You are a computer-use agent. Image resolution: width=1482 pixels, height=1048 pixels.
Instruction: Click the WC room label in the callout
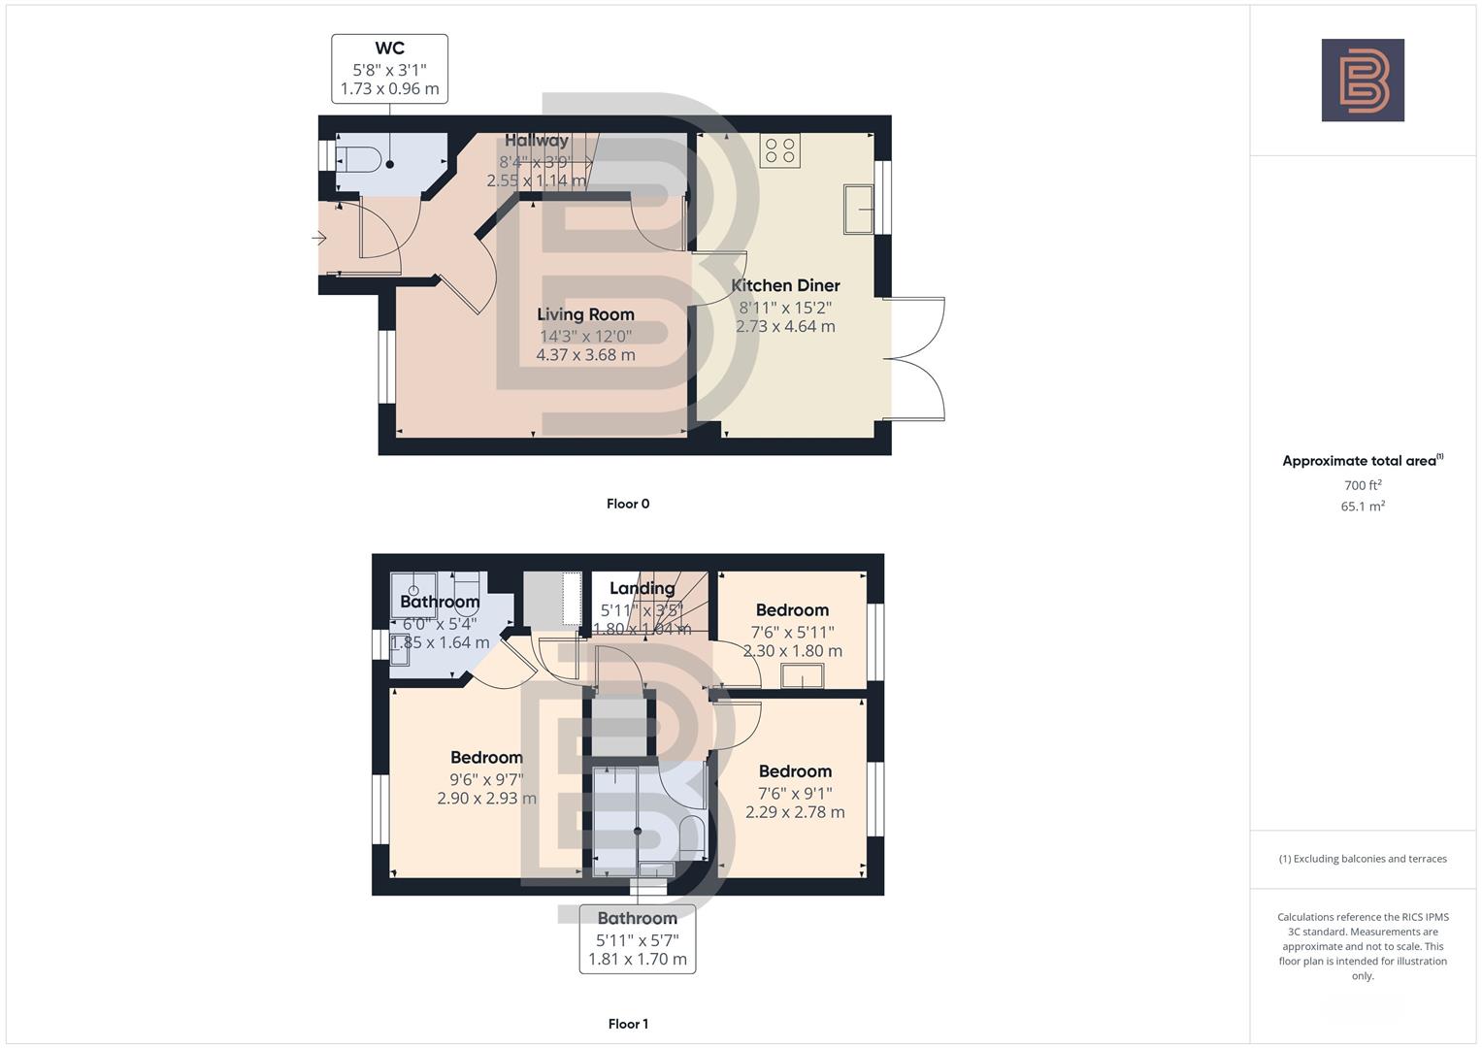[x=389, y=49]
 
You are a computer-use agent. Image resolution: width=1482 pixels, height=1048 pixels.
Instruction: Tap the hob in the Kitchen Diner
[x=780, y=150]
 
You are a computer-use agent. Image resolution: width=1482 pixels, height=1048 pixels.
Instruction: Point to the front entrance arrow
[x=318, y=238]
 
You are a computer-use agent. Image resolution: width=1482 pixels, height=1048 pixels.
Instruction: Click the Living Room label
[x=585, y=314]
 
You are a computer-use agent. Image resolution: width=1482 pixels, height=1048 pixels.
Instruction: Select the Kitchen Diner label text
[x=785, y=285]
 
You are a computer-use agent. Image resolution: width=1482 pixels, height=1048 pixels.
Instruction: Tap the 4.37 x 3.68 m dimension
[x=585, y=355]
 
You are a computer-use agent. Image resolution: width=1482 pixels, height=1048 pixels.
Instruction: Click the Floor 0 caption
[x=628, y=504]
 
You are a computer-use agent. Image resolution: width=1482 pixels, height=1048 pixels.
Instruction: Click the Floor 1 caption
[x=628, y=1024]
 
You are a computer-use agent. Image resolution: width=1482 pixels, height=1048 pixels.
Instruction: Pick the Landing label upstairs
[x=642, y=588]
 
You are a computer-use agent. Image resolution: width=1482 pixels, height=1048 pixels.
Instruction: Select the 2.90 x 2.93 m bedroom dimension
[x=486, y=799]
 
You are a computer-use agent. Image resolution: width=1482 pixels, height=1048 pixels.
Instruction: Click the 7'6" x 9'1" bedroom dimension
[x=795, y=793]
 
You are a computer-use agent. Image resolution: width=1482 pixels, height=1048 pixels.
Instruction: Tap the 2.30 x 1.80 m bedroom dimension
[x=793, y=651]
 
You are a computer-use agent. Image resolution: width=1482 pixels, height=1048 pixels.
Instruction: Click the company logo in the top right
[x=1362, y=81]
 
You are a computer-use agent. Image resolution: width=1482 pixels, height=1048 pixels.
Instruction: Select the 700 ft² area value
[x=1363, y=485]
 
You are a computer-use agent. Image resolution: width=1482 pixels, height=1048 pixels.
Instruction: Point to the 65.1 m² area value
[x=1363, y=507]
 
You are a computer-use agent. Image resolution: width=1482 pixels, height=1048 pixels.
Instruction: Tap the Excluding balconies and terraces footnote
[x=1363, y=859]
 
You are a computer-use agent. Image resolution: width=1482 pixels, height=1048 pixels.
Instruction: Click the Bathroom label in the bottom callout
[x=637, y=918]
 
